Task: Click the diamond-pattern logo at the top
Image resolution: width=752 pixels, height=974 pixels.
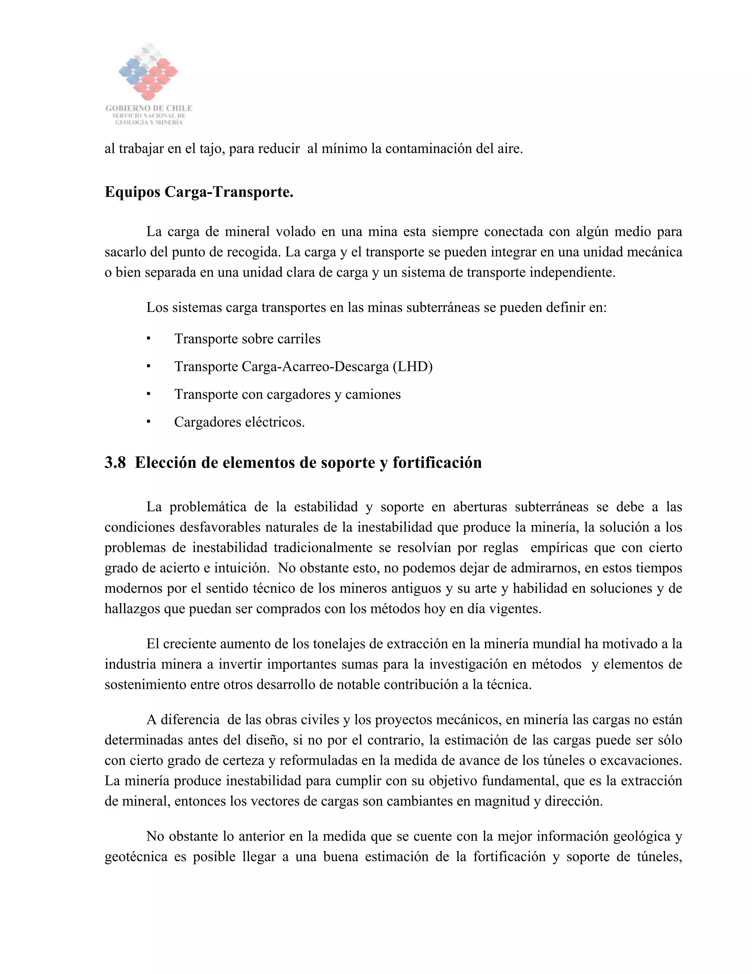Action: click(x=148, y=72)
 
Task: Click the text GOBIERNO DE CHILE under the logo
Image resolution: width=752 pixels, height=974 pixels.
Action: click(x=149, y=108)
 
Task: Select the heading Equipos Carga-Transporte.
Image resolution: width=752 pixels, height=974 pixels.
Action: click(x=199, y=192)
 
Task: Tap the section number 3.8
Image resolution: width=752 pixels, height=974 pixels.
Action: click(x=115, y=462)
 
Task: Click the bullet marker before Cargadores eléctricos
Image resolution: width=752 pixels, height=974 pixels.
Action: click(x=148, y=422)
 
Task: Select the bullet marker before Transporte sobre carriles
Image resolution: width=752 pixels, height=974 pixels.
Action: click(x=148, y=339)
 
